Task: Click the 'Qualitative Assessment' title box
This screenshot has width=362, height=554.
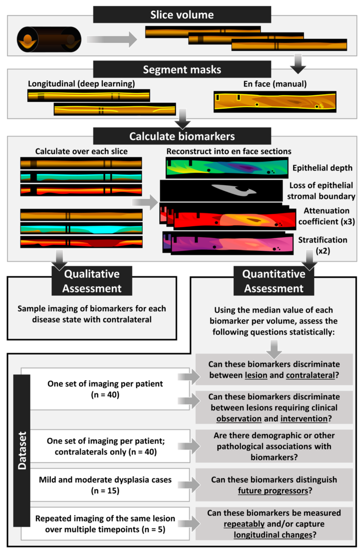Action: [x=92, y=280]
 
